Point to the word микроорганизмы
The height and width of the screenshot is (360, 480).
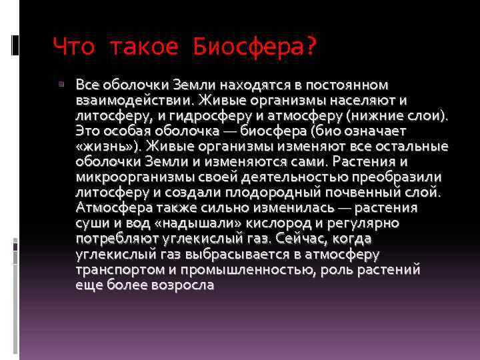(x=129, y=177)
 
